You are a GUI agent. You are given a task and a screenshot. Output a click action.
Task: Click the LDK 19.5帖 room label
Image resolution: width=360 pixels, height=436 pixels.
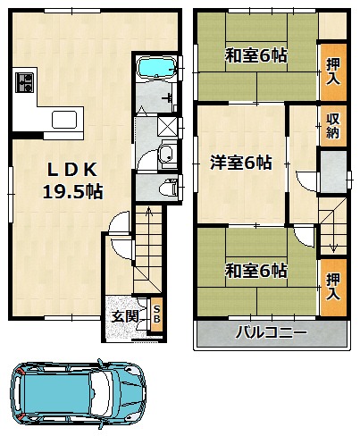[73, 180]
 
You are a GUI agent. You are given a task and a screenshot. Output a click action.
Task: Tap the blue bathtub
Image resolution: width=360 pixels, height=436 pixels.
[155, 67]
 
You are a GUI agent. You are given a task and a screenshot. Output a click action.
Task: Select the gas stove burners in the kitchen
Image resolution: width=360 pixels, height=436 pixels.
[24, 82]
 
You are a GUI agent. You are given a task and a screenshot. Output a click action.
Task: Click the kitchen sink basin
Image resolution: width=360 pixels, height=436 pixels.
[64, 120]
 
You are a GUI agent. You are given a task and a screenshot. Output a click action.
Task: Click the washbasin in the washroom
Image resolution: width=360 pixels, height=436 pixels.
[168, 153]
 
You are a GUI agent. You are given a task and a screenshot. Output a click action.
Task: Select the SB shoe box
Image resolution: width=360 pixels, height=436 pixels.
[156, 314]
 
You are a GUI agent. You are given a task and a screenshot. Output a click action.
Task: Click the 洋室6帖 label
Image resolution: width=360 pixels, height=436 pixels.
[241, 163]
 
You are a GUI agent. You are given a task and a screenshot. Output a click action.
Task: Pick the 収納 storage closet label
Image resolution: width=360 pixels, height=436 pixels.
[333, 126]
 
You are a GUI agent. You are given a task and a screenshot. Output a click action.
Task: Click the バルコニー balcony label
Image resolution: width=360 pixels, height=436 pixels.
[271, 332]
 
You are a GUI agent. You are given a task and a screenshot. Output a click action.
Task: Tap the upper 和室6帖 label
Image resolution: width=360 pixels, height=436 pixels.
[256, 55]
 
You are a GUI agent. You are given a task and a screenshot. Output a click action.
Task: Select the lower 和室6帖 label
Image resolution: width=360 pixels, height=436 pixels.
[256, 271]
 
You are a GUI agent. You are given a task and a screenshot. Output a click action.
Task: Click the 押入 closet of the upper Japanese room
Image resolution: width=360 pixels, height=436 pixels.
[333, 71]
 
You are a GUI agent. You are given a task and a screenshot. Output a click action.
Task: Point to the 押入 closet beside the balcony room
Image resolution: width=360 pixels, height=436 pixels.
[333, 287]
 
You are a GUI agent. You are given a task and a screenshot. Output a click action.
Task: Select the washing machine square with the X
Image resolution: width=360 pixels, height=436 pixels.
[167, 127]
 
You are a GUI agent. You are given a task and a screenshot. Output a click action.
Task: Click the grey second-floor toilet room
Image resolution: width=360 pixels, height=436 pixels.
[334, 172]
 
